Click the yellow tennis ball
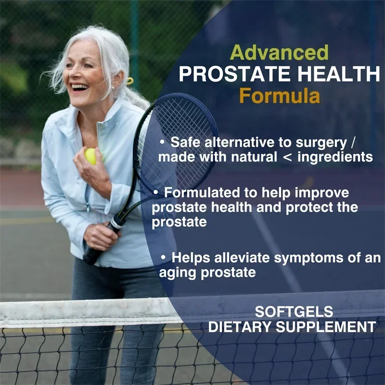pyautogui.click(x=90, y=156)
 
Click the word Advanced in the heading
pyautogui.click(x=279, y=52)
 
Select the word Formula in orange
pyautogui.click(x=280, y=96)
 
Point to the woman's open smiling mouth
pyautogui.click(x=79, y=88)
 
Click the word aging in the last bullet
pyautogui.click(x=177, y=273)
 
